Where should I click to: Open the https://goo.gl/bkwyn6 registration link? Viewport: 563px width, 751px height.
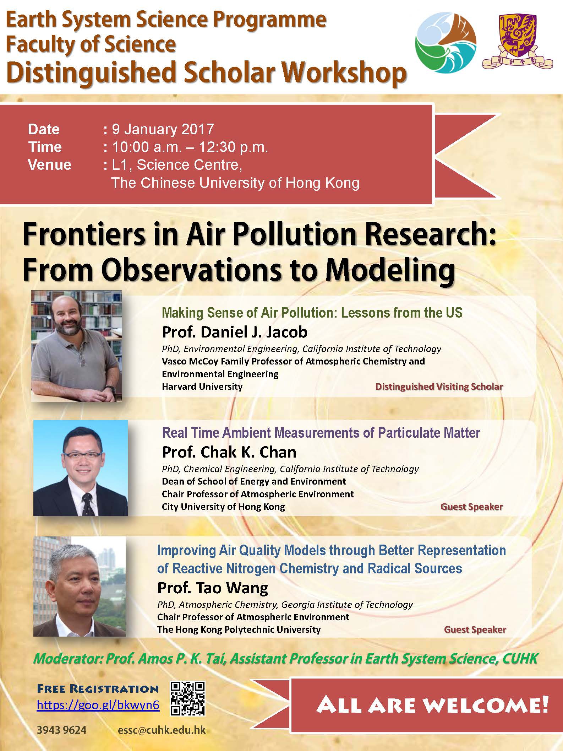(x=98, y=705)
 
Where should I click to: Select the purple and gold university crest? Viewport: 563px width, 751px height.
(x=517, y=42)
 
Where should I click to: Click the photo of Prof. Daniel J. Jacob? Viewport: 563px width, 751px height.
(x=76, y=346)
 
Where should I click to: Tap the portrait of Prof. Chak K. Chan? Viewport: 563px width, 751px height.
(x=80, y=468)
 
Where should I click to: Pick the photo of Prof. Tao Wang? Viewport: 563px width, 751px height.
(x=80, y=586)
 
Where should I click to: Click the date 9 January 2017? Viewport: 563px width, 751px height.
(x=163, y=129)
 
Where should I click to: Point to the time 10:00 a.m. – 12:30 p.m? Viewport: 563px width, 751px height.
(x=190, y=147)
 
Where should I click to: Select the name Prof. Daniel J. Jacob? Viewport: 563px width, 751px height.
(x=235, y=332)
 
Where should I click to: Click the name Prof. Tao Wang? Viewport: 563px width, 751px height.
(x=213, y=588)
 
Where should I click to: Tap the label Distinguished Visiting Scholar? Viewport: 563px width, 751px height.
(x=439, y=387)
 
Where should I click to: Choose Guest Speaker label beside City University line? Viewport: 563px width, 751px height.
(x=471, y=507)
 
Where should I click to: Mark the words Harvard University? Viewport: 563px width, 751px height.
(x=202, y=387)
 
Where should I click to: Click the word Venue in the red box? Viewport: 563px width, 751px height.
(x=50, y=165)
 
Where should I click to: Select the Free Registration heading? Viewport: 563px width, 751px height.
(x=98, y=689)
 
